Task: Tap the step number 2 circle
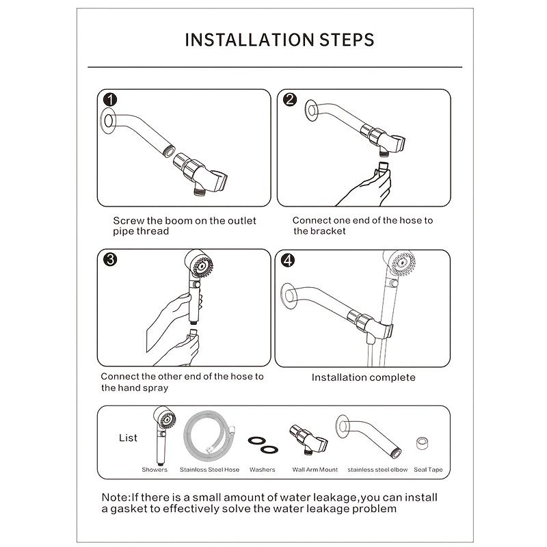[x=289, y=100]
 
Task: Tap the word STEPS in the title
[x=347, y=39]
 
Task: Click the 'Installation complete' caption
[x=363, y=377]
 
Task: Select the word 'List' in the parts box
[x=128, y=438]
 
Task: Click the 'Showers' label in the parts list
[x=155, y=470]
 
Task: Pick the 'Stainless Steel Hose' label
[x=209, y=470]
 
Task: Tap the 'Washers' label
[x=263, y=470]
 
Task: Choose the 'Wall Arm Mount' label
[x=315, y=470]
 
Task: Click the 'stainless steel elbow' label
[x=377, y=470]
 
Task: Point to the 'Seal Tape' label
[x=429, y=470]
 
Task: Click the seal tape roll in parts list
[x=423, y=442]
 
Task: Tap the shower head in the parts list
[x=161, y=418]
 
